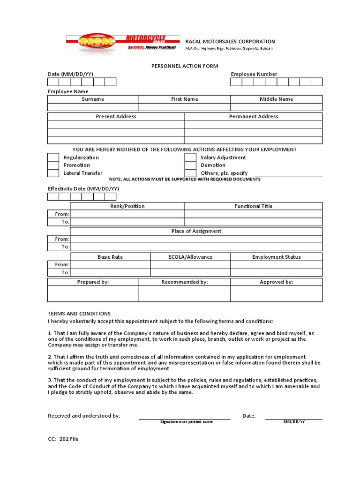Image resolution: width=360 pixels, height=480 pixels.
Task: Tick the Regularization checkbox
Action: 53,157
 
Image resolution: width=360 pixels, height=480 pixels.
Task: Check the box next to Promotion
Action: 53,165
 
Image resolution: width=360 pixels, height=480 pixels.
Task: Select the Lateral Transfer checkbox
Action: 53,173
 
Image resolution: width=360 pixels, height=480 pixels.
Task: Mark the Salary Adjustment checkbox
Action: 190,157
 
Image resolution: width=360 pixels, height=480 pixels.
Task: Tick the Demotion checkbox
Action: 190,165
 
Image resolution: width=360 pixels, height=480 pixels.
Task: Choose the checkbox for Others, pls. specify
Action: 190,173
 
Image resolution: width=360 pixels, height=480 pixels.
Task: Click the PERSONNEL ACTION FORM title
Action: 185,66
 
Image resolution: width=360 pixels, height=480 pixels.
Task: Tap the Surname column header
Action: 93,99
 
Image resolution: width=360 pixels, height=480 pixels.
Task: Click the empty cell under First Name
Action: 185,107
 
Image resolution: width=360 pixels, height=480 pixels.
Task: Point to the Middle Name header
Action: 276,99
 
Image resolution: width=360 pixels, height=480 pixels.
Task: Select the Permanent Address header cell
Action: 254,116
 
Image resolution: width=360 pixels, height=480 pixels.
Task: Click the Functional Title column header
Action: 254,206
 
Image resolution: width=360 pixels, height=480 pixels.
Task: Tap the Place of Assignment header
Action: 196,231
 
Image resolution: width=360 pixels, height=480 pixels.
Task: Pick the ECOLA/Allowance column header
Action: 190,257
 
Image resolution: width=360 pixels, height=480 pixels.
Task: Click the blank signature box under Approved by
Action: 276,293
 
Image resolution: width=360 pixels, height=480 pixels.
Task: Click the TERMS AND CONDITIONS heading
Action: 79,314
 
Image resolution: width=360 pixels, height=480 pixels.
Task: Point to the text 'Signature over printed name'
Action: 187,422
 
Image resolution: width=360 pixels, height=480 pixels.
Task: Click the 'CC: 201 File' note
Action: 63,439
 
